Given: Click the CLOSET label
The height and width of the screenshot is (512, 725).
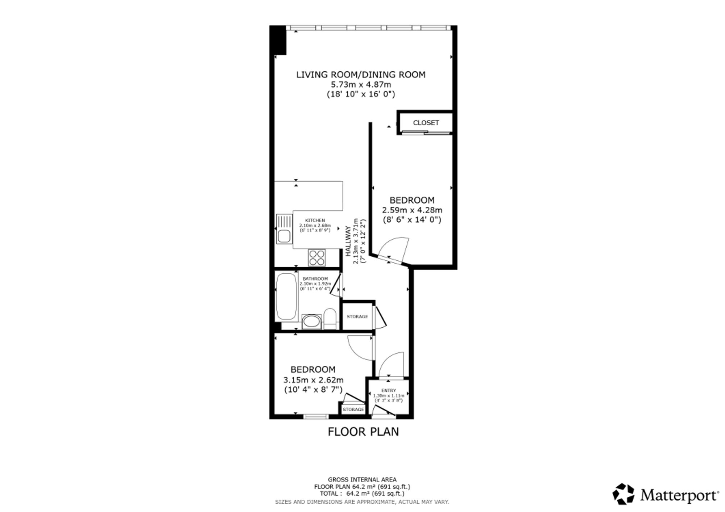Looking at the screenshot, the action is click(426, 123).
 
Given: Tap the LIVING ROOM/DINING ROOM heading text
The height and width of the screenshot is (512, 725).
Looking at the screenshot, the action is click(361, 75).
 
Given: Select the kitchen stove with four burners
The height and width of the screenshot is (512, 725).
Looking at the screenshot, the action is click(317, 257).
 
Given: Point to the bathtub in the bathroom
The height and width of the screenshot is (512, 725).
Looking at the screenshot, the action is click(286, 297).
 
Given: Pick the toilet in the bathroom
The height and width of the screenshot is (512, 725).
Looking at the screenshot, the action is click(330, 318).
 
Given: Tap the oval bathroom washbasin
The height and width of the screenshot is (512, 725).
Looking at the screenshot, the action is click(311, 322).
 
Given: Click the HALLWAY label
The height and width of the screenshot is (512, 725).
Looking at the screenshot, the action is click(348, 242).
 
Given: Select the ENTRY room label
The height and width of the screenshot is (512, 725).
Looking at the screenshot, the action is click(389, 391).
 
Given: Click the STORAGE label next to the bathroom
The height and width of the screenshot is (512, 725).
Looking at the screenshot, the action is click(357, 316).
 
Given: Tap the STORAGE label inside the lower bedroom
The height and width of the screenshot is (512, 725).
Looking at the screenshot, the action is click(353, 410).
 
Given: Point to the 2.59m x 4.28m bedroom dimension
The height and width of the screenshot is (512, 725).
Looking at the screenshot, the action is click(412, 210).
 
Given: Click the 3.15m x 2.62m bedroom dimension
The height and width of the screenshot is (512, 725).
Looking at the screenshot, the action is click(313, 380).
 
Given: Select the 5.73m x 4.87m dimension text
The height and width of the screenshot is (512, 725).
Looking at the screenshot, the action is click(361, 85).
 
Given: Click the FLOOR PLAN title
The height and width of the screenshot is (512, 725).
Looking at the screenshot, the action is click(363, 432).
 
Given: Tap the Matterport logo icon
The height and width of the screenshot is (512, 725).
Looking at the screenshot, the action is click(623, 494).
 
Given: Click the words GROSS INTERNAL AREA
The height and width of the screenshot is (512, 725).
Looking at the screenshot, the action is click(362, 480).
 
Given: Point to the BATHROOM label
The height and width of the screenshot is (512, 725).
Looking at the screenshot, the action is click(315, 279).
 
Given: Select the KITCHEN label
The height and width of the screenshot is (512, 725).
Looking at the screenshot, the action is click(315, 221).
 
